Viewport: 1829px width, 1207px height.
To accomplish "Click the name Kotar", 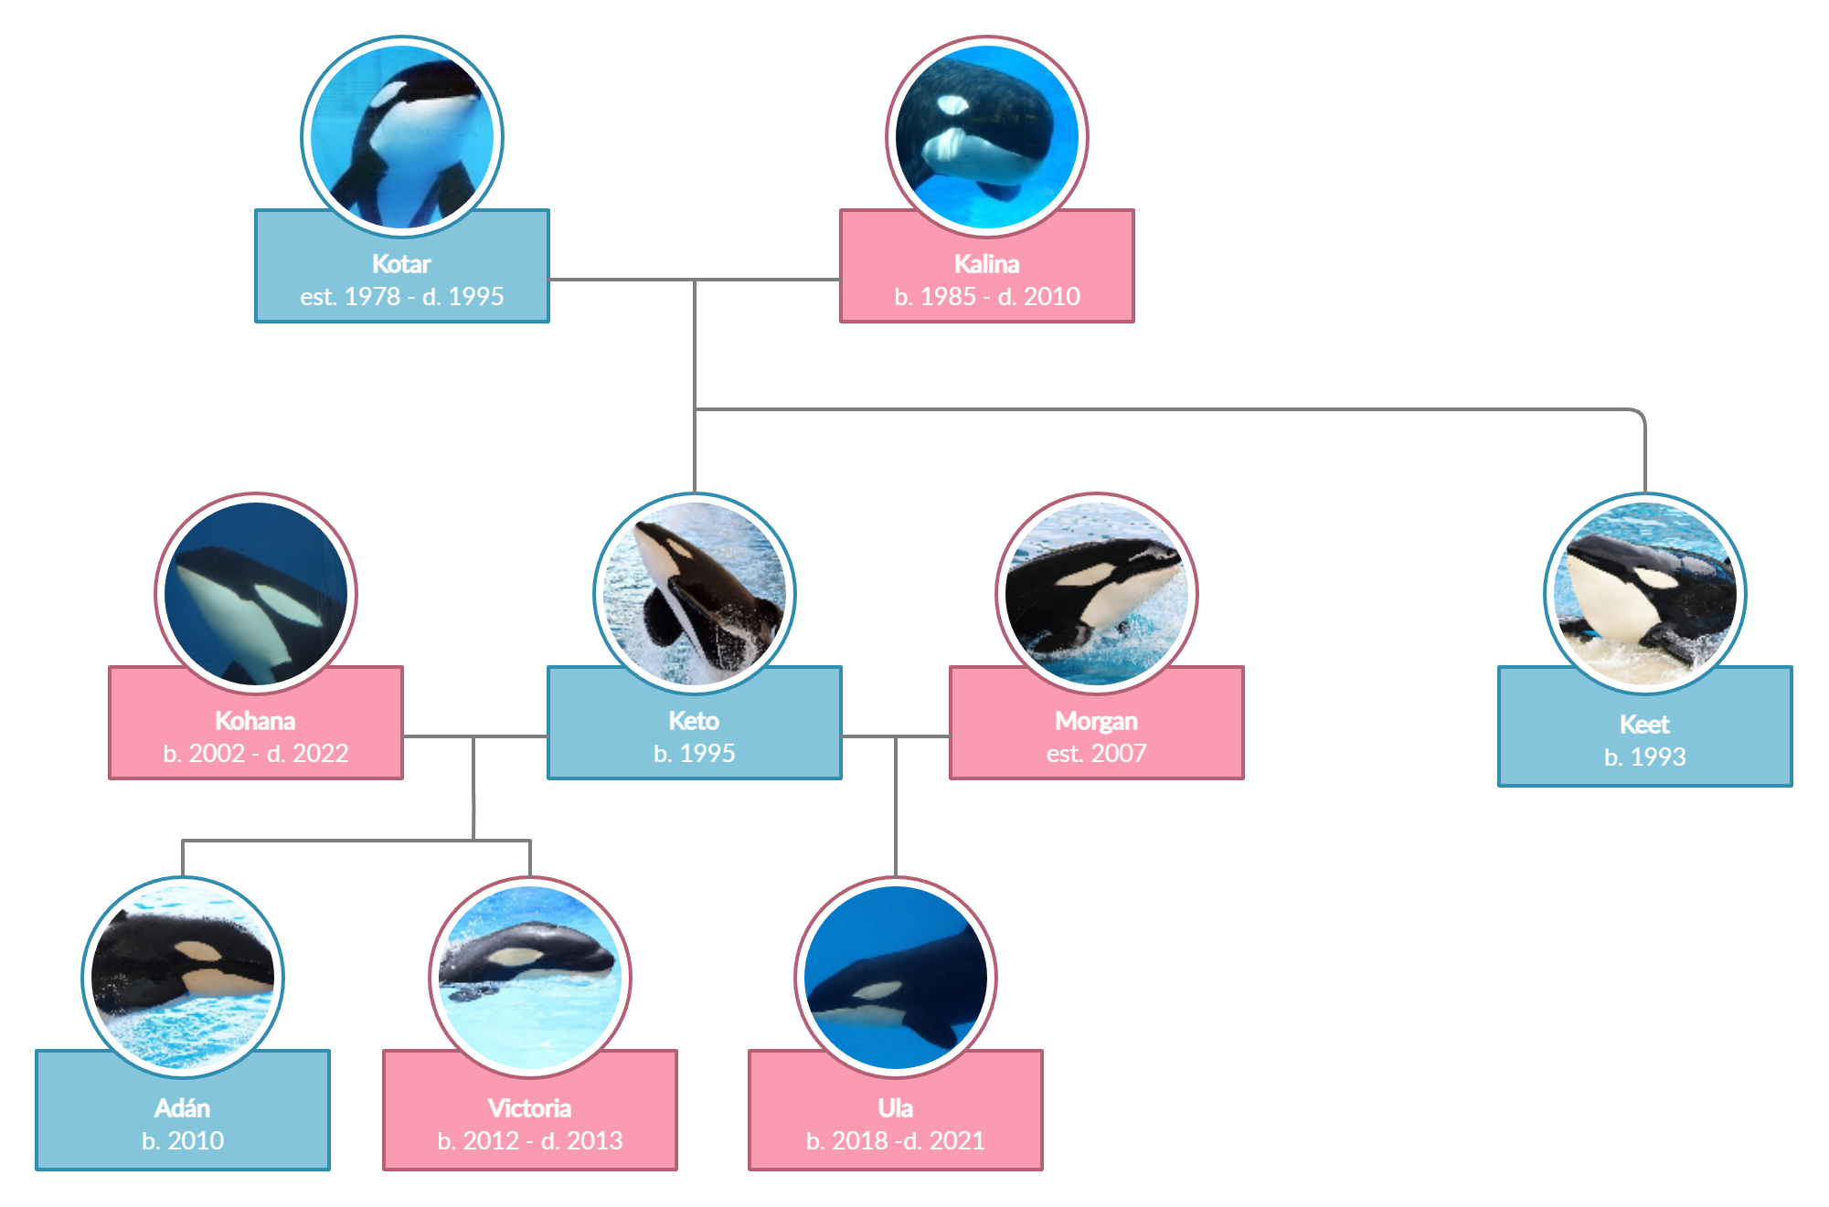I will pos(401,264).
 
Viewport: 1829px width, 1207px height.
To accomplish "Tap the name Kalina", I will pos(986,264).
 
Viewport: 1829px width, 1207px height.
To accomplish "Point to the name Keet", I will pos(1644,725).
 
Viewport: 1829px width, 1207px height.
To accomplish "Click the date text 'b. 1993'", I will pos(1644,757).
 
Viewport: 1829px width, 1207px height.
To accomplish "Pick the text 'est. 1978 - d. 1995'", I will pos(401,296).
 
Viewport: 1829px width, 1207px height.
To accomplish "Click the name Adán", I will pos(183,1108).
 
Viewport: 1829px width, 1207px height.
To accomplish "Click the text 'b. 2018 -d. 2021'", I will pos(895,1140).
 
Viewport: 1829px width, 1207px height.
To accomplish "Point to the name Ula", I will pos(895,1108).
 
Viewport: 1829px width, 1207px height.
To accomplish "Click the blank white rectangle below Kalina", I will pos(886,389).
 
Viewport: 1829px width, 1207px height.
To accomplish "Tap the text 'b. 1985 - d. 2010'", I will pos(986,296).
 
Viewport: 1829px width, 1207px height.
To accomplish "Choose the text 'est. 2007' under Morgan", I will pos(1096,753).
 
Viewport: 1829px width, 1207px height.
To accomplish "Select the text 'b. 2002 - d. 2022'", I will pos(256,753).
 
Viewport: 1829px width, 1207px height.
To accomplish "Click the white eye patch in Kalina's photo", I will pos(952,104).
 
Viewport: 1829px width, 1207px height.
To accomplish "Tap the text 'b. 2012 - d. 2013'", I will pos(530,1140).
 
